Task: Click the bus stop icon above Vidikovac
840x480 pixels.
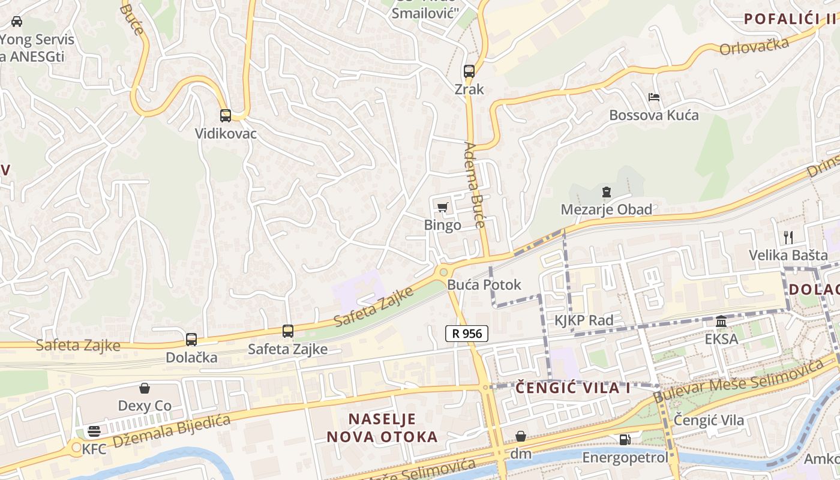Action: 226,116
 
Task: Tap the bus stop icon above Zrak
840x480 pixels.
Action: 469,71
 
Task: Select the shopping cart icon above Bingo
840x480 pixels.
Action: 442,208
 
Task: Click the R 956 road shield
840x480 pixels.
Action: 467,334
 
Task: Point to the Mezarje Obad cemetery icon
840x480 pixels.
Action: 606,193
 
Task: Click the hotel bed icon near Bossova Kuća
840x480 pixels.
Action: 654,97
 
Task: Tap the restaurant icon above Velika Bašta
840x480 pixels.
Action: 788,237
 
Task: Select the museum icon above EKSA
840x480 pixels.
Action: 721,322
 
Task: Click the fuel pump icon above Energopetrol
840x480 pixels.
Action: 625,440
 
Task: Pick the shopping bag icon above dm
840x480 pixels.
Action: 521,436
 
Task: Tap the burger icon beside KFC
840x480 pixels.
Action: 94,431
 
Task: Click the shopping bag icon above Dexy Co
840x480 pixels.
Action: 144,388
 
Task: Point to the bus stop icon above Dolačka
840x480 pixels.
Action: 191,340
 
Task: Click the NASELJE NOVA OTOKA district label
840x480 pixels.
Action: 382,428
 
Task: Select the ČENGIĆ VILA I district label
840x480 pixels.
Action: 573,388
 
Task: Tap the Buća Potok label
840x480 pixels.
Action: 484,284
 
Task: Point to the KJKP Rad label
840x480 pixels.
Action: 583,320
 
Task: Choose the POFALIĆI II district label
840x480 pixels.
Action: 790,19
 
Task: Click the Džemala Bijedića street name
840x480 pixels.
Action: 172,431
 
